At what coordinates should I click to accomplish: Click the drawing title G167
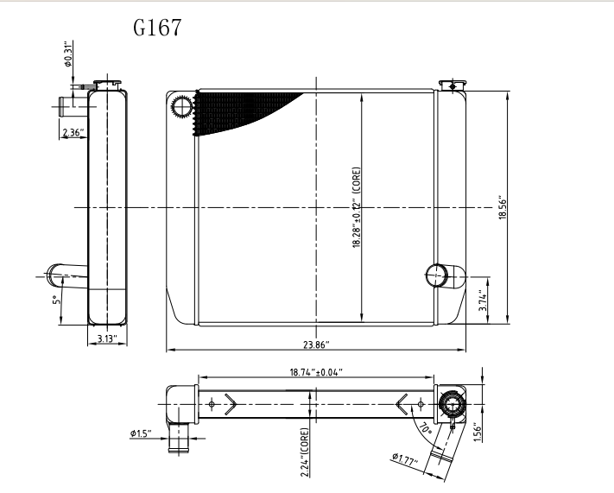(x=157, y=28)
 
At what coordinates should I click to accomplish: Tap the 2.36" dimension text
(x=73, y=132)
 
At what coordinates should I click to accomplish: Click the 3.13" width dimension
(x=107, y=339)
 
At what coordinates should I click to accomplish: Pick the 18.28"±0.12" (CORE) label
(x=357, y=207)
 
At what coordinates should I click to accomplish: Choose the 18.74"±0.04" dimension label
(x=315, y=372)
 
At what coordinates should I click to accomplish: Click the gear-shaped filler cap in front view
(x=183, y=108)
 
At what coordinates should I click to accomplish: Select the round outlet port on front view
(x=437, y=276)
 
